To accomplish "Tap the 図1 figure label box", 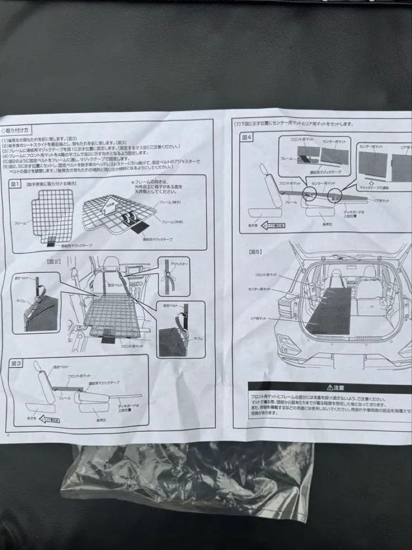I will pos(14,183).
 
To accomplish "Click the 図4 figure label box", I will pos(247,138).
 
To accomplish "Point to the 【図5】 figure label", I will pos(255,251).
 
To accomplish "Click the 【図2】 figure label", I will pos(53,261).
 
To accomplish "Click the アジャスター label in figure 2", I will pos(179,264).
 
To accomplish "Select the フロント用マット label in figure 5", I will pos(266,274).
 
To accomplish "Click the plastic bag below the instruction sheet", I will pos(188,479).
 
